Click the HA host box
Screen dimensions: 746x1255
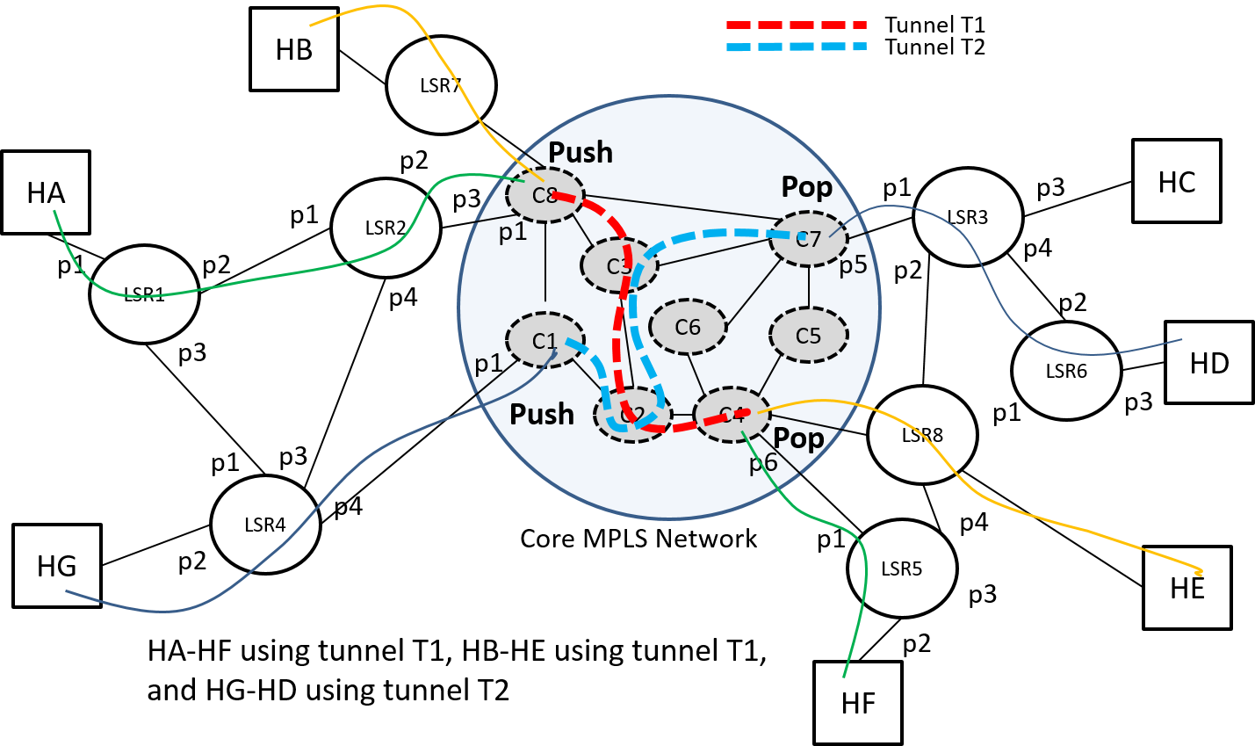(x=46, y=192)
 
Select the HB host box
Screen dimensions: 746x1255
(x=294, y=49)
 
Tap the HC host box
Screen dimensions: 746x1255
(x=1177, y=181)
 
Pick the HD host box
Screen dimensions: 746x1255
(x=1209, y=362)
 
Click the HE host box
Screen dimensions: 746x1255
(x=1187, y=588)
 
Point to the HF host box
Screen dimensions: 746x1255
(x=858, y=703)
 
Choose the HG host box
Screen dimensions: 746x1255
(x=57, y=566)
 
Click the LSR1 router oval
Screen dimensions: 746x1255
(x=144, y=294)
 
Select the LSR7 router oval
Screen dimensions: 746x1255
(x=441, y=85)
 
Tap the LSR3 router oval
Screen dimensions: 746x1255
(x=968, y=217)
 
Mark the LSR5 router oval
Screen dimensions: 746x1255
(x=902, y=569)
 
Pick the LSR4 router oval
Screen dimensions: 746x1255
(x=265, y=525)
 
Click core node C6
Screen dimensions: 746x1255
(x=688, y=328)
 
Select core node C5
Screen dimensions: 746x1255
(x=808, y=336)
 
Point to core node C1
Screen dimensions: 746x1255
(x=545, y=341)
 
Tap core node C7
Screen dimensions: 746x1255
(x=808, y=238)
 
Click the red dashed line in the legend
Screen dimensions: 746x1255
(x=796, y=25)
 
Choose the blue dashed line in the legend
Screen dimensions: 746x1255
(x=796, y=47)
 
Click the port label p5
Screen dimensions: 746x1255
(x=853, y=265)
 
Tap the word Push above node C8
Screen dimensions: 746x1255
(x=581, y=152)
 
